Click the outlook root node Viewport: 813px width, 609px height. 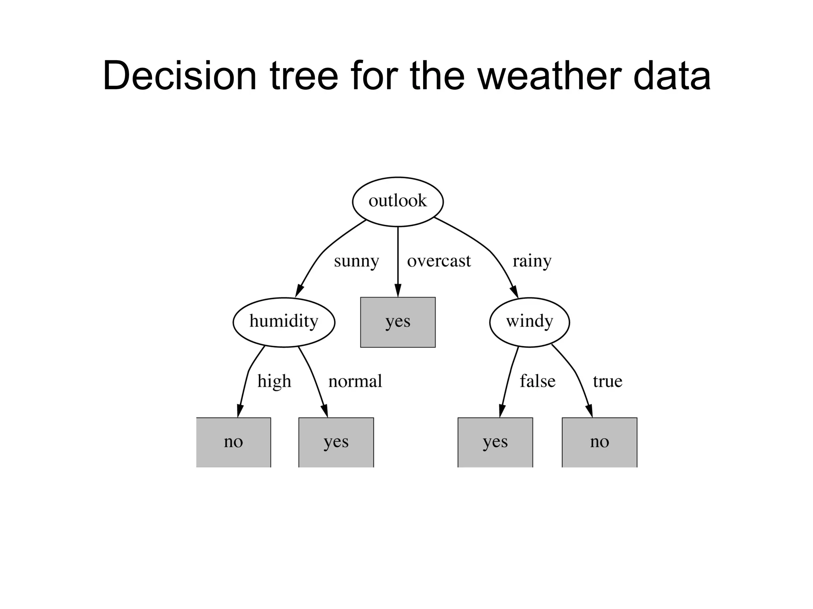click(398, 201)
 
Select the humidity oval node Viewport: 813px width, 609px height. click(284, 322)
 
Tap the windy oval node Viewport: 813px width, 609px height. click(529, 322)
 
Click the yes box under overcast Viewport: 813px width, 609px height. click(398, 322)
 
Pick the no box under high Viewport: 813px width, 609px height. click(233, 442)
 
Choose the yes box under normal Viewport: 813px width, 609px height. click(336, 442)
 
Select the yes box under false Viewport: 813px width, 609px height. click(495, 442)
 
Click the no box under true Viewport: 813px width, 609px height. click(599, 442)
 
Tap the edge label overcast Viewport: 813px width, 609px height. click(439, 261)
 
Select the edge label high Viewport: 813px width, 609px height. click(274, 381)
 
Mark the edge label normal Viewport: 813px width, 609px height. click(355, 381)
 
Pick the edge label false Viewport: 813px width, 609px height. click(538, 381)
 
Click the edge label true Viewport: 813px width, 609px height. click(607, 381)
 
